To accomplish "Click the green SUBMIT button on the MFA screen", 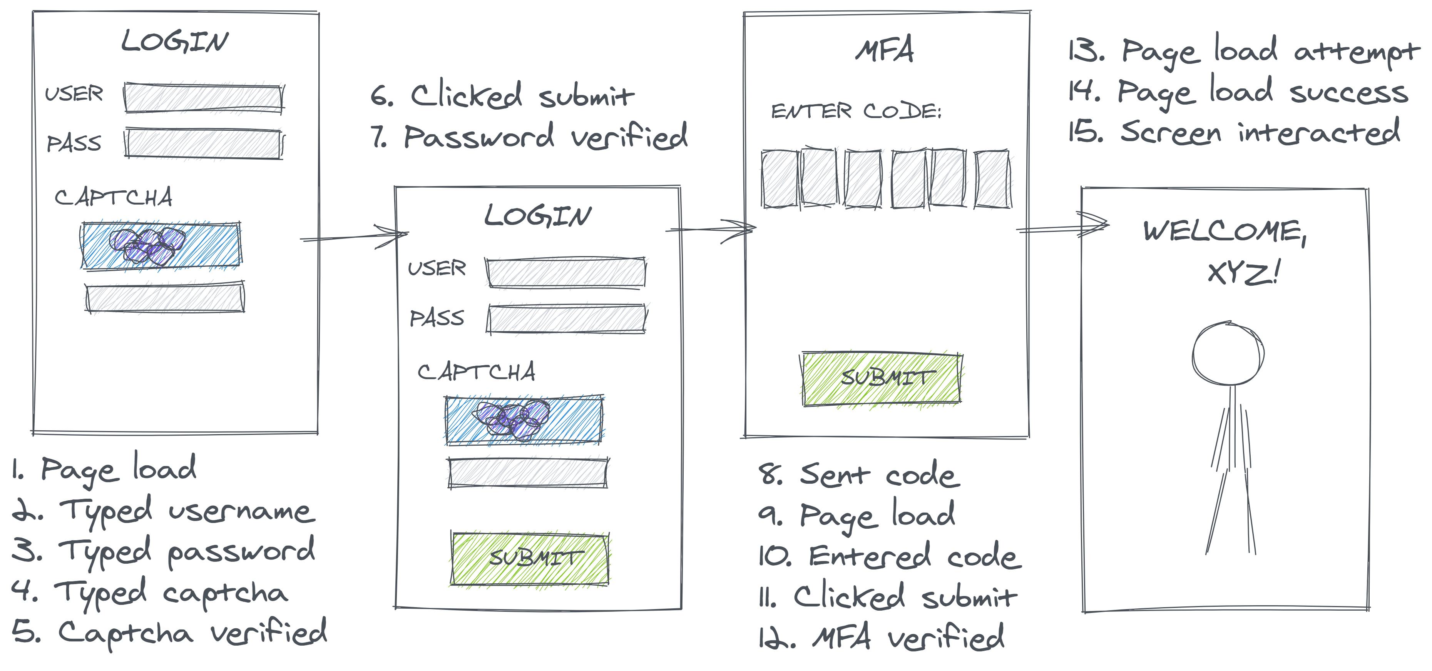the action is tap(882, 379).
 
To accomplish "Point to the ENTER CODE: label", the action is tap(856, 111).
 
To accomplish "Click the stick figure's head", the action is tap(1228, 353).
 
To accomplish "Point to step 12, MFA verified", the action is tap(882, 638).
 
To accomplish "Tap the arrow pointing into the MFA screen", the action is tap(711, 229).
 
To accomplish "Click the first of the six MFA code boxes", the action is tap(780, 179).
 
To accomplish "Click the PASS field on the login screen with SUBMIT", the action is tap(567, 319).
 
